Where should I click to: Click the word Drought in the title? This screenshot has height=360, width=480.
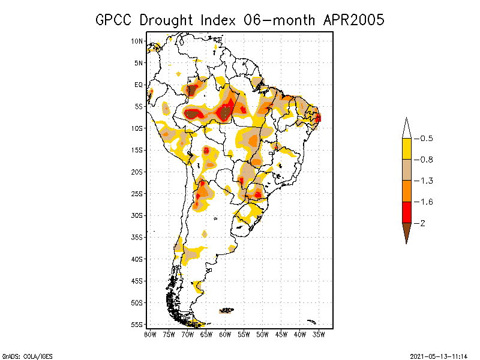pyautogui.click(x=165, y=20)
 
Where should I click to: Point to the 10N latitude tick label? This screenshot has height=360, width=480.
pyautogui.click(x=137, y=41)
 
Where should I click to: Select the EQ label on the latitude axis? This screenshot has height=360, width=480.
pyautogui.click(x=139, y=85)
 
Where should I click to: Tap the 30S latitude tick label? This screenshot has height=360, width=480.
pyautogui.click(x=137, y=215)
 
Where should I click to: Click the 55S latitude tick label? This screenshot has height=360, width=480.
pyautogui.click(x=137, y=325)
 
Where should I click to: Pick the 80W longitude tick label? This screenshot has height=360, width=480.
pyautogui.click(x=150, y=334)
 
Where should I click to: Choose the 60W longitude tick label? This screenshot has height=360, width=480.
pyautogui.click(x=225, y=334)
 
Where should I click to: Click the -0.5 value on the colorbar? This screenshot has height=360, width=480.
pyautogui.click(x=427, y=139)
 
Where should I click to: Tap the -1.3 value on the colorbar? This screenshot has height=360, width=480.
pyautogui.click(x=427, y=181)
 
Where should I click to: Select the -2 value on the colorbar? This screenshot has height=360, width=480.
pyautogui.click(x=423, y=223)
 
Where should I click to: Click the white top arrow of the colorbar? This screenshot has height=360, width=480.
pyautogui.click(x=406, y=129)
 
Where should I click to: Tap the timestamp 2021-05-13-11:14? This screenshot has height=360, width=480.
pyautogui.click(x=439, y=356)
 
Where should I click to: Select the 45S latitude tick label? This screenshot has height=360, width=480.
pyautogui.click(x=137, y=281)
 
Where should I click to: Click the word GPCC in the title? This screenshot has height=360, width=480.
pyautogui.click(x=115, y=20)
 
